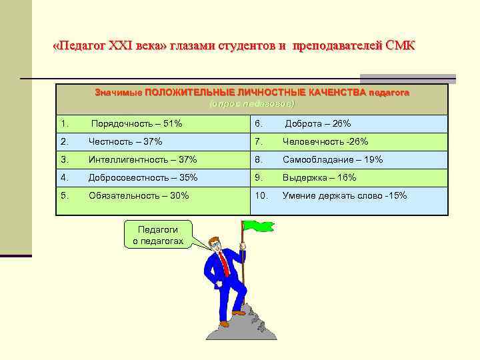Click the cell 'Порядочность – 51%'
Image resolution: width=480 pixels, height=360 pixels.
(137, 124)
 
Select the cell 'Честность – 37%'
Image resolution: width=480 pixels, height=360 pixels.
(125, 142)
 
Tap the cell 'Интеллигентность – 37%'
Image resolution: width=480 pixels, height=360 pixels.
(143, 160)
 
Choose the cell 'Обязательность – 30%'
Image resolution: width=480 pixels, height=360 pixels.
(139, 196)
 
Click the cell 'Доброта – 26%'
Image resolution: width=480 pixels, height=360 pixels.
(318, 124)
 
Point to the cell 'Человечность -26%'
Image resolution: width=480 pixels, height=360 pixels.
(325, 142)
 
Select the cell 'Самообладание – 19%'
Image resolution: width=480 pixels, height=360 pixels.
(333, 160)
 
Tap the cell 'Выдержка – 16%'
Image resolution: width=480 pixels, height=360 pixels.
(319, 178)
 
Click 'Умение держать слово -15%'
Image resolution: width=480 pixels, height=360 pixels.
(345, 196)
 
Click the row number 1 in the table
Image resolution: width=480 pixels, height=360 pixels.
(65, 124)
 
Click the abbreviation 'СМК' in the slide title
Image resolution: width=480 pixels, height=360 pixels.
(400, 46)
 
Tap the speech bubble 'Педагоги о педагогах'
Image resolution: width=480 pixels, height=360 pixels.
(158, 235)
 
